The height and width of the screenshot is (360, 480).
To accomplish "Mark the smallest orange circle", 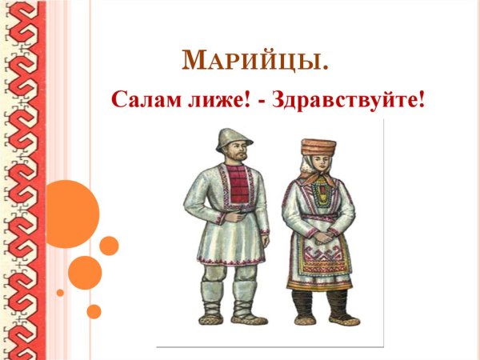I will click(60, 293).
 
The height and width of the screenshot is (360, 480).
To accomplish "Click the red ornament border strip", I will click(20, 180).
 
